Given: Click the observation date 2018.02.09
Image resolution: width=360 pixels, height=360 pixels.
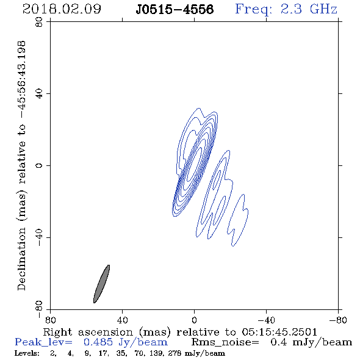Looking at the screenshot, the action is (62, 9).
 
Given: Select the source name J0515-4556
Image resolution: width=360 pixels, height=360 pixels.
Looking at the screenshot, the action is (175, 10).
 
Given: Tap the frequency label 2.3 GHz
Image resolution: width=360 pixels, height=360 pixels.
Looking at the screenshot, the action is (309, 9).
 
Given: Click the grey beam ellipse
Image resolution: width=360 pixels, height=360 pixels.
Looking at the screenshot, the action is (101, 284).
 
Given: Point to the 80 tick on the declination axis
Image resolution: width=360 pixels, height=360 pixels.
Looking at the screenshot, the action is (39, 22).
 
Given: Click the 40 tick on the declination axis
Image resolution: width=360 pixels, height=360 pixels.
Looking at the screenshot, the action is (39, 94).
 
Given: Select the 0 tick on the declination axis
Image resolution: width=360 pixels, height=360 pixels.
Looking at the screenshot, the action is (39, 165).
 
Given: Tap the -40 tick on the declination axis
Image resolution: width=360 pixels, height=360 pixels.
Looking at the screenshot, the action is (39, 237).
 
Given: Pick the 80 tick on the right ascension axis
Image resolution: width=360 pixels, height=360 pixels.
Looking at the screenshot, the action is (50, 320).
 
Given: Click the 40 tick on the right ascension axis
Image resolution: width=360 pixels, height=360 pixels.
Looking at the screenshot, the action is (122, 320).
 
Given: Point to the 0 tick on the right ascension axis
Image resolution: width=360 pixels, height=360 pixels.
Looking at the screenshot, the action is (194, 320).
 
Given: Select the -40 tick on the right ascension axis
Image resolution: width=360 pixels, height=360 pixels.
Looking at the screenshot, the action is (266, 320).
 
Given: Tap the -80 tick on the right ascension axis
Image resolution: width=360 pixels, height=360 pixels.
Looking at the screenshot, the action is (338, 320).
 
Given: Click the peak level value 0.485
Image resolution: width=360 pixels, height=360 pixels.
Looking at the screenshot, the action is (98, 342).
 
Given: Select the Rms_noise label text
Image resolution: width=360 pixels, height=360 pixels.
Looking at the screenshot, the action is (225, 342).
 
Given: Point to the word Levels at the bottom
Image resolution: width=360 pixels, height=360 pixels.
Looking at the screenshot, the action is (27, 353).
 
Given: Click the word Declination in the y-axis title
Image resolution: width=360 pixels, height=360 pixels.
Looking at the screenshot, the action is (21, 259).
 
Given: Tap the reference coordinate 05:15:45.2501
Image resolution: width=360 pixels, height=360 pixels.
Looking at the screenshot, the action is (279, 332).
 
